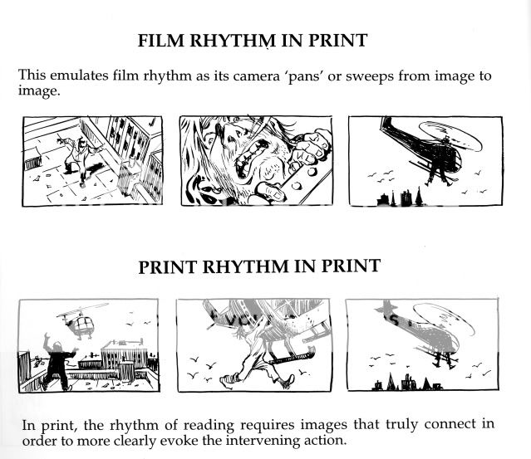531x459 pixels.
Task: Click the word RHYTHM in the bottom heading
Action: pos(246,266)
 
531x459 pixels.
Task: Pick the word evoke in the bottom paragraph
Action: pos(205,441)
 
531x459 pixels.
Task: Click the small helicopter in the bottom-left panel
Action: pos(81,321)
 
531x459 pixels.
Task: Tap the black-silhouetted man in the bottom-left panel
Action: pos(58,362)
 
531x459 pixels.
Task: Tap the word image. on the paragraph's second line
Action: pos(39,91)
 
